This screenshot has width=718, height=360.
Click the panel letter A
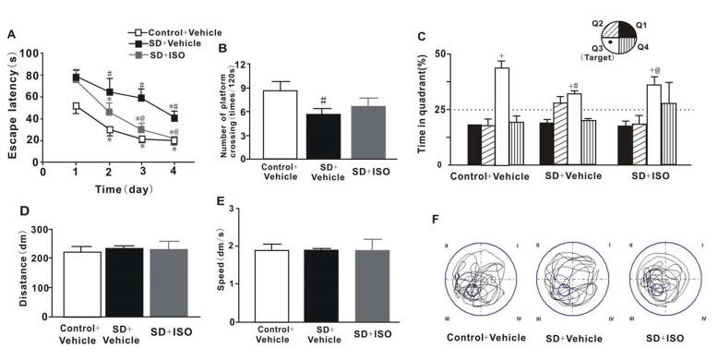click(10, 35)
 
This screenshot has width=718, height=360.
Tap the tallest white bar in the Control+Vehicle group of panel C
click(502, 115)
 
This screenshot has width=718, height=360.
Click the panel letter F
click(434, 222)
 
